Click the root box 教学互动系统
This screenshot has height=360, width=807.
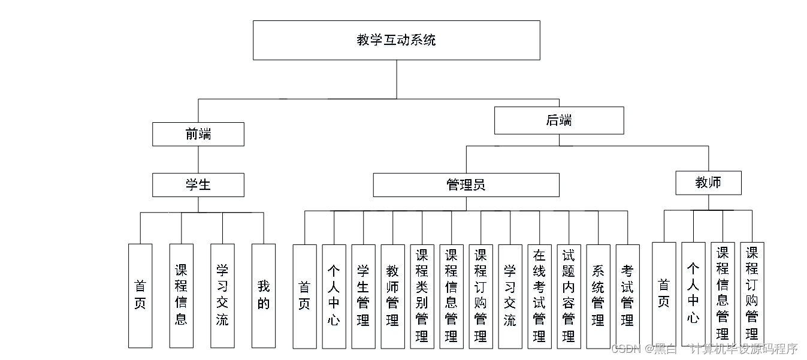click(x=396, y=40)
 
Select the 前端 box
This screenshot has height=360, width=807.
click(x=198, y=134)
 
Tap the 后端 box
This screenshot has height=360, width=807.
click(x=559, y=120)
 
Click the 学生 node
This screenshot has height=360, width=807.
click(x=198, y=185)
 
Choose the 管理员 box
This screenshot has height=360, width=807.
click(x=466, y=185)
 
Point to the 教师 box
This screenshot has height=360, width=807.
click(x=708, y=183)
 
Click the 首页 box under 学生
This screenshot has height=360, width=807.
click(x=140, y=295)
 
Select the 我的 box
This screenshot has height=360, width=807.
click(x=264, y=295)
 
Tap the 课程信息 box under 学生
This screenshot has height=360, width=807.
click(x=181, y=295)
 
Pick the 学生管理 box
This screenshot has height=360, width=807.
click(x=363, y=296)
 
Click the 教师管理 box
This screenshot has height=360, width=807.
click(x=392, y=296)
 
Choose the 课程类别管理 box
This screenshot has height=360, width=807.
click(x=422, y=296)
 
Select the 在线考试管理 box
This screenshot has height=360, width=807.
click(x=539, y=296)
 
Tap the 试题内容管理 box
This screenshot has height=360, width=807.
click(x=569, y=296)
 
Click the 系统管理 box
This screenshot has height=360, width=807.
click(x=598, y=296)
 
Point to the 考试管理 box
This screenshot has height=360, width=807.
click(x=627, y=296)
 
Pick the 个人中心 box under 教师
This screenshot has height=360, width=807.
click(x=693, y=294)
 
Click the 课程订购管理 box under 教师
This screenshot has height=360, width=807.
click(x=752, y=294)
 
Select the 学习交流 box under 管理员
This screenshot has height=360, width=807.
click(x=510, y=296)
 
